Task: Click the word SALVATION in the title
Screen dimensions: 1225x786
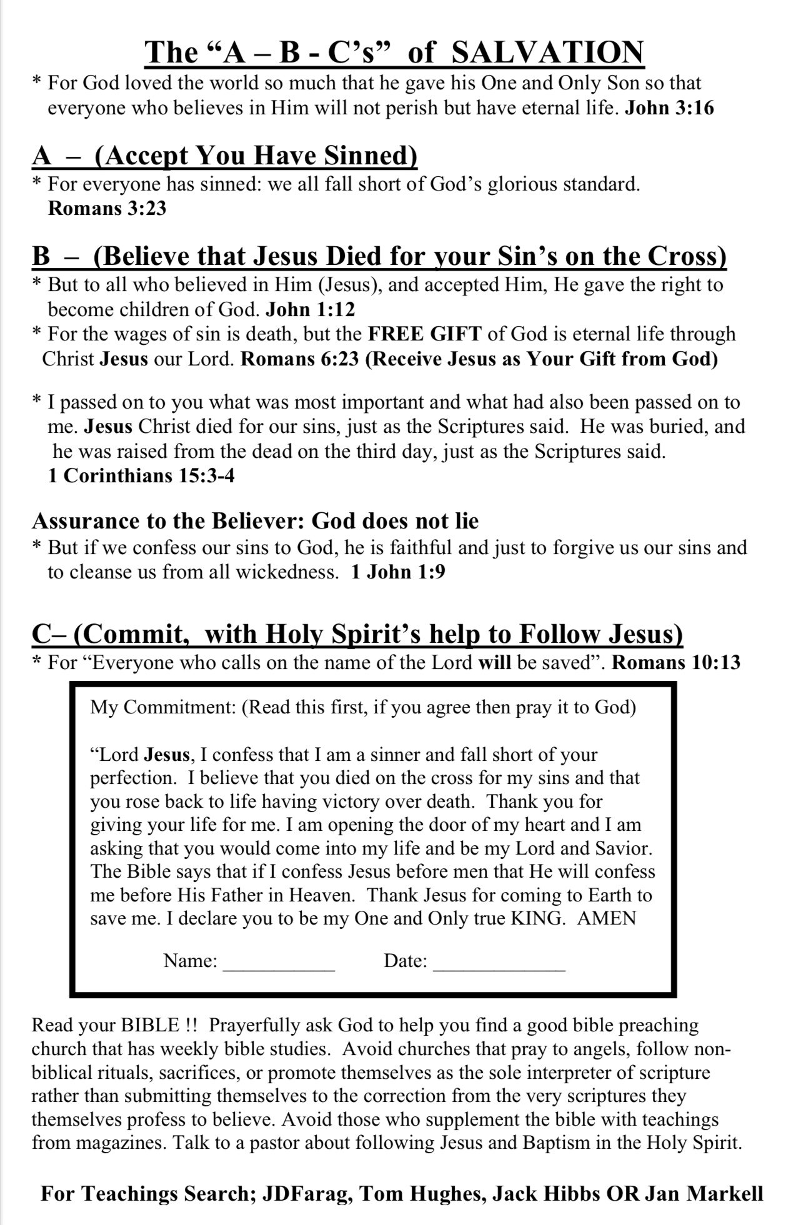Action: tap(547, 52)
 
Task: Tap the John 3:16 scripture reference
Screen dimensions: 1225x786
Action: tap(669, 108)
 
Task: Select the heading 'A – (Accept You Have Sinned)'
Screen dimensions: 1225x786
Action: tap(224, 156)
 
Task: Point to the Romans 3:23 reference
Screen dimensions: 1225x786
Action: tap(107, 207)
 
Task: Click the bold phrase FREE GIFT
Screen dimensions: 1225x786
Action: tap(425, 334)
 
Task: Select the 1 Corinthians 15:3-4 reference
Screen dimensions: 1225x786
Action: tap(141, 475)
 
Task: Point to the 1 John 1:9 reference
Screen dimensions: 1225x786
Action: tap(398, 572)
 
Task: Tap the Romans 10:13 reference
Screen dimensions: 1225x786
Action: tap(676, 662)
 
